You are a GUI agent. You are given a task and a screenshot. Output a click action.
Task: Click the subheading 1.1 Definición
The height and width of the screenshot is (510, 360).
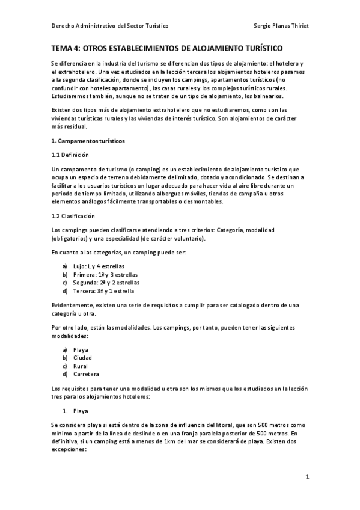70,155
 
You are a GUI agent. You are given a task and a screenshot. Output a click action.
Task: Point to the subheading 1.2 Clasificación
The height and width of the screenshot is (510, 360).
73,216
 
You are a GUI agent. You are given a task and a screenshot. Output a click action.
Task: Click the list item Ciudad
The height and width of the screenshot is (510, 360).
82,358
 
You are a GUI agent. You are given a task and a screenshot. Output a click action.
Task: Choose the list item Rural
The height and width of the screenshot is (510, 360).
81,366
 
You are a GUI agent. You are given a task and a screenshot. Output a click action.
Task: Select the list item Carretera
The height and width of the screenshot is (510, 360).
86,374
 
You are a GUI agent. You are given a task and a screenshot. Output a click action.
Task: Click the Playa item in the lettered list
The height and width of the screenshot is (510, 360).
81,349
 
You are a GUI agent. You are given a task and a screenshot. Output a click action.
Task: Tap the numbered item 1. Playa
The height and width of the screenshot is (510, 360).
81,411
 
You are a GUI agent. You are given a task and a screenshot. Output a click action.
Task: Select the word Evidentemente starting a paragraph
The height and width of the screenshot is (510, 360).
73,305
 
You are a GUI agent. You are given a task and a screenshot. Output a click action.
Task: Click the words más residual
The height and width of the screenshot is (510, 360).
69,126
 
